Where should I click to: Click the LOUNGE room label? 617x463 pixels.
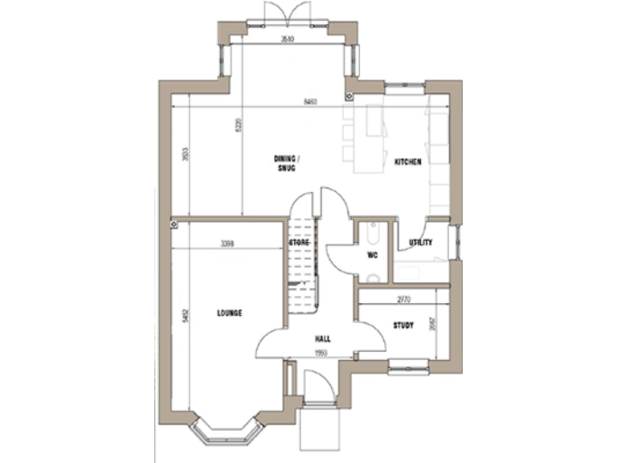(229, 313)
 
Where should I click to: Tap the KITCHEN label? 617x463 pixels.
(408, 162)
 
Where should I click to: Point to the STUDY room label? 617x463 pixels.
(403, 326)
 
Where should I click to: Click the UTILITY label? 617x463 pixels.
(421, 243)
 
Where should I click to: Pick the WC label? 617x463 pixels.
(372, 256)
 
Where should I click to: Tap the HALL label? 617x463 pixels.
(323, 339)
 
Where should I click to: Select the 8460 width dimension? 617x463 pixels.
(310, 102)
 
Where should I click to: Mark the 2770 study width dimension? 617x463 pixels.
(405, 299)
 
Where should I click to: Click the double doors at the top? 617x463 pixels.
(288, 13)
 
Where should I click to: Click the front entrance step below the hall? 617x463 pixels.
(319, 429)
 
